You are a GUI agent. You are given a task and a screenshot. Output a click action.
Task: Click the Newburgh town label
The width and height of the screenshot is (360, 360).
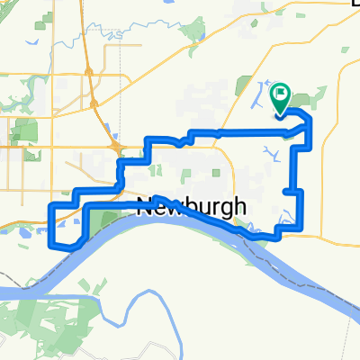click(192, 207)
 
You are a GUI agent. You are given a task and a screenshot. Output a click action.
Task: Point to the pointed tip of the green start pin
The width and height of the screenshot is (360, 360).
click(280, 115)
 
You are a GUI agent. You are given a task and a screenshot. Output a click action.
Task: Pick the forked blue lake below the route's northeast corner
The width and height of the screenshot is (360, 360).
click(270, 154)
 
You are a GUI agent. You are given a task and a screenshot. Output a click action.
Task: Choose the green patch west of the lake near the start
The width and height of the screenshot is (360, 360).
click(242, 85)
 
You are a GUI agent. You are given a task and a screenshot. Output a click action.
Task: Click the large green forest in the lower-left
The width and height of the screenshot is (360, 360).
click(54, 315)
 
